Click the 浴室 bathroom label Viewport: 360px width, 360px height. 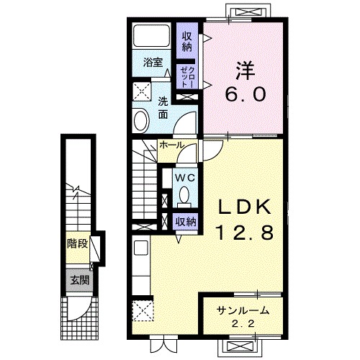(x=153, y=63)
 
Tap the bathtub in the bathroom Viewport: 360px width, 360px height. (x=152, y=35)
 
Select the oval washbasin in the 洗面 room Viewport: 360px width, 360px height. (x=140, y=121)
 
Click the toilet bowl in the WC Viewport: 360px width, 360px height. (x=184, y=195)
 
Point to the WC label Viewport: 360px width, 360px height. (x=184, y=178)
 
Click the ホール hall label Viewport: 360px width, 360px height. (x=172, y=145)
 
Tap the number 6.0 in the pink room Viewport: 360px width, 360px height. (x=246, y=94)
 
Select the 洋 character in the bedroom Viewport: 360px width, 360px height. (x=245, y=71)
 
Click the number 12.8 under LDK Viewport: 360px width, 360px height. (x=245, y=233)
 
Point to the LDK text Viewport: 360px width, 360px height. (x=245, y=207)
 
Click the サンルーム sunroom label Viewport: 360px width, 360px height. (x=243, y=311)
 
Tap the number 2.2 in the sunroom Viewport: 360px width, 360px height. (x=243, y=325)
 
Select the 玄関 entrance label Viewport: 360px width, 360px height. (x=80, y=280)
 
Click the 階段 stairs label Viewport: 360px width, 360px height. (x=77, y=244)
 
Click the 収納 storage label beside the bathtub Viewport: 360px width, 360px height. (x=187, y=42)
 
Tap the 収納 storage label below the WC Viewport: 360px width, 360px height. (x=186, y=222)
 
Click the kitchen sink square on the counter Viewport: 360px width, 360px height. (x=141, y=248)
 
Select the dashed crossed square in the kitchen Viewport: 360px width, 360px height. (x=143, y=310)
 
